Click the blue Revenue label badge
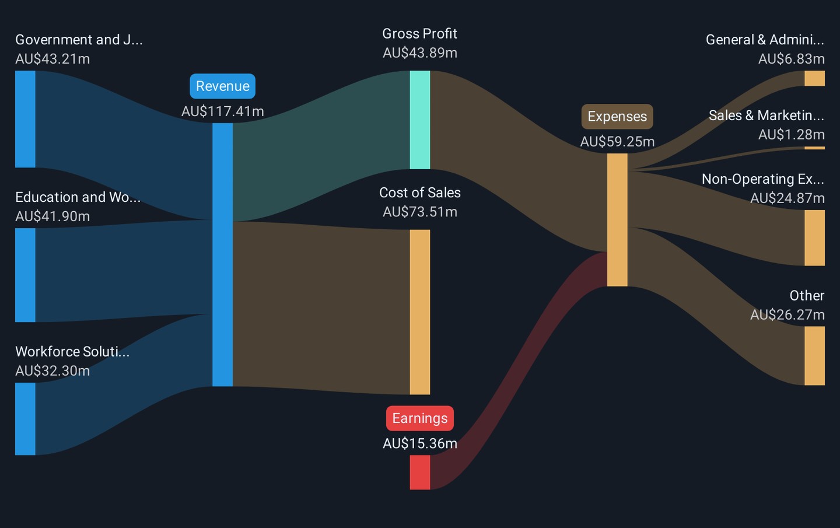[222, 86]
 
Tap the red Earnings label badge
[419, 418]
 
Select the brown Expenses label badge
[617, 117]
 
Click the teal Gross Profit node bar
[420, 120]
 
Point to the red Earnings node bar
[420, 472]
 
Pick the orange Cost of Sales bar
[420, 312]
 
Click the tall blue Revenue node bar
[222, 254]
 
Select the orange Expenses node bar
[617, 220]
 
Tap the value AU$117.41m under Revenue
[222, 111]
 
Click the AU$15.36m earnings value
[419, 443]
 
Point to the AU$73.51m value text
[419, 212]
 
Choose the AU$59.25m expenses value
[617, 142]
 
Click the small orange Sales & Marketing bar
[814, 148]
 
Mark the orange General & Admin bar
[814, 78]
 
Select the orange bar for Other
[814, 355]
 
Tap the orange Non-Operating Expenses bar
[814, 237]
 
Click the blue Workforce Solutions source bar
[25, 418]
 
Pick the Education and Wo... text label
[78, 197]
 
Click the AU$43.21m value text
[52, 59]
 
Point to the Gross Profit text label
[419, 34]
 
